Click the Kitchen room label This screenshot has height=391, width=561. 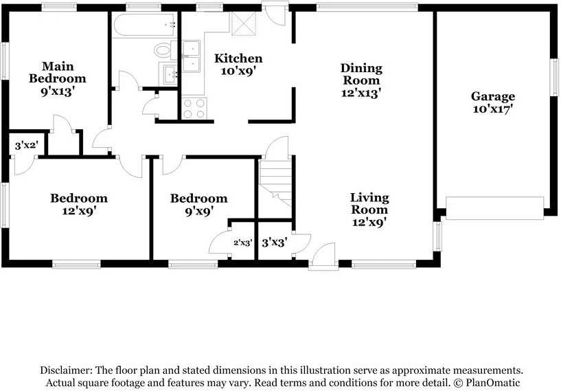coord(238,58)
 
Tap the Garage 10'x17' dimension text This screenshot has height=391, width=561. coord(493,109)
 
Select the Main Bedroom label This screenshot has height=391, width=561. coord(58,72)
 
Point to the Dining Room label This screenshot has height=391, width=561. coord(361,74)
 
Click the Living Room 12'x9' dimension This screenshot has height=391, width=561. coord(369,223)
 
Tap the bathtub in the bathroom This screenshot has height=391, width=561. coord(145,25)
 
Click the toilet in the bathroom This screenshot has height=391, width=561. coord(166,50)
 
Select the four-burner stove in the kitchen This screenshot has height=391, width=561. coord(194,109)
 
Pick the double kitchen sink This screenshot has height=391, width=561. coord(191,56)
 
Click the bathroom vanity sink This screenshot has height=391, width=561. coord(170,74)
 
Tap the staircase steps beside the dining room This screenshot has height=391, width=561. coord(276,183)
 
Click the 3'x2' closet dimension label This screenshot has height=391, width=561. coord(27,146)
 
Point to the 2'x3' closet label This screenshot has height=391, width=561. coord(243,243)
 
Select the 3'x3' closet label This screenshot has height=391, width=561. coord(275,243)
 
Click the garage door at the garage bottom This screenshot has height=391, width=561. coord(494,208)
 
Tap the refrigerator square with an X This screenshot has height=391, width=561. coord(244,23)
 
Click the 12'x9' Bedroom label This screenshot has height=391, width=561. coord(79,205)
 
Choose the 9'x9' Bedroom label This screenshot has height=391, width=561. coord(199,205)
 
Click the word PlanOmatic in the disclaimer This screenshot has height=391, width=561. coord(493,382)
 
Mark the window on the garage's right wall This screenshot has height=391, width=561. coord(554,78)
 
